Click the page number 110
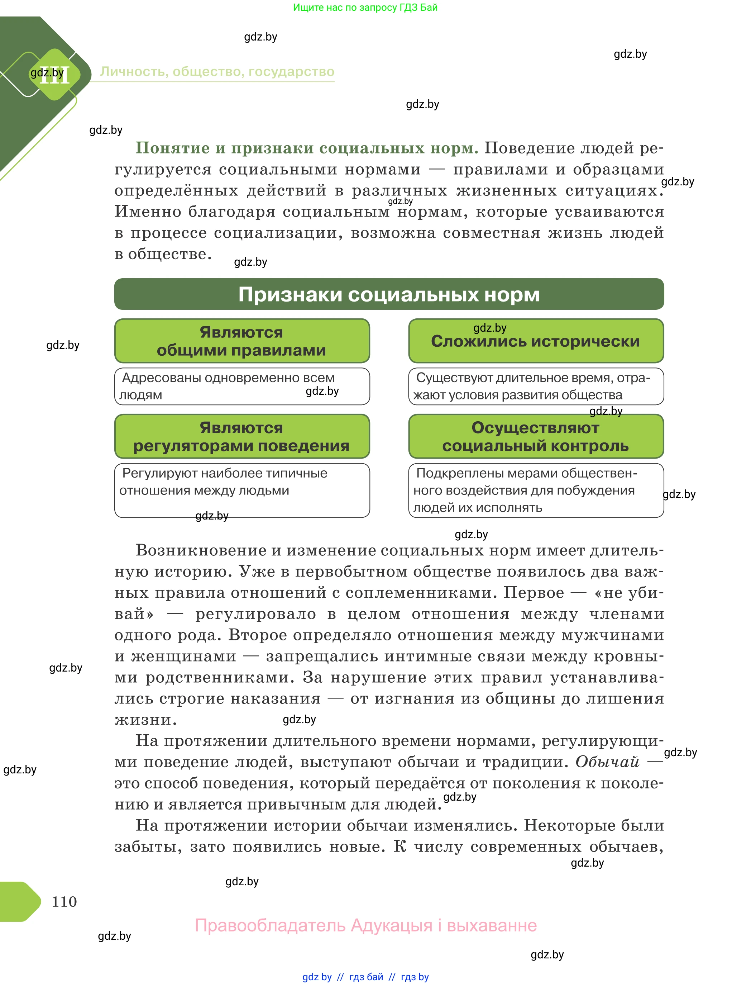[x=64, y=901]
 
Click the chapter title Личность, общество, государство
[x=217, y=72]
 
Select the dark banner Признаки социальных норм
[x=389, y=294]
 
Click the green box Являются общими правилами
[x=241, y=341]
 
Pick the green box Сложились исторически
[x=535, y=341]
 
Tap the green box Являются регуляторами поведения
[x=241, y=436]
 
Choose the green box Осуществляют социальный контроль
[x=535, y=436]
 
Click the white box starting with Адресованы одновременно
[x=241, y=386]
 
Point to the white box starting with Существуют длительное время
[x=535, y=386]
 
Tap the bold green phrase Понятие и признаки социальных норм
[x=307, y=148]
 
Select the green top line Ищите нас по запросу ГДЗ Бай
[x=365, y=8]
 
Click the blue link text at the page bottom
[x=365, y=977]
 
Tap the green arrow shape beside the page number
[x=20, y=902]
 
